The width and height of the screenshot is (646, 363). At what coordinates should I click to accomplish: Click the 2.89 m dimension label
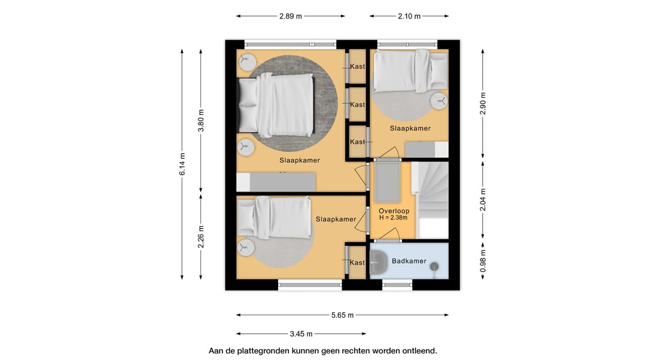click(x=291, y=17)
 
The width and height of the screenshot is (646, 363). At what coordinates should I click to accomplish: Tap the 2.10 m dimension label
click(x=409, y=17)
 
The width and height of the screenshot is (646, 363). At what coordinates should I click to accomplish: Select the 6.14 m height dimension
click(x=182, y=164)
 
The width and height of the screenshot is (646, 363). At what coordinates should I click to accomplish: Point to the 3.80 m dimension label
click(x=201, y=121)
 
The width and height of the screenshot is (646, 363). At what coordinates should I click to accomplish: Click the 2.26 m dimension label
click(x=201, y=237)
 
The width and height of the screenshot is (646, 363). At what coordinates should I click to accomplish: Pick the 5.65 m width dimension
click(x=342, y=315)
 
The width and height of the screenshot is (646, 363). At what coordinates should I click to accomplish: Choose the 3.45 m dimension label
click(x=301, y=334)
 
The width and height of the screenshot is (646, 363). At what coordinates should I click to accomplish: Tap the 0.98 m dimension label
click(x=483, y=261)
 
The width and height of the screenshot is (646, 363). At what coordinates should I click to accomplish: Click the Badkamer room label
click(x=409, y=261)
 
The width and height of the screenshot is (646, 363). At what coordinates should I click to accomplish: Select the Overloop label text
click(x=394, y=211)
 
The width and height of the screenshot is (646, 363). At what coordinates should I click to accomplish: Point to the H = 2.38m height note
click(x=394, y=218)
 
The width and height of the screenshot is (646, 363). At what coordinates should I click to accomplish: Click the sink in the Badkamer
click(x=378, y=263)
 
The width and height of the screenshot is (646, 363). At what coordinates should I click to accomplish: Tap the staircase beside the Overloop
click(x=432, y=200)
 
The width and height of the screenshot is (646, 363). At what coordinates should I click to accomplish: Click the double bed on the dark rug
click(x=276, y=105)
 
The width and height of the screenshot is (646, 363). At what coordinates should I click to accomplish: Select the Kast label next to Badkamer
click(x=357, y=263)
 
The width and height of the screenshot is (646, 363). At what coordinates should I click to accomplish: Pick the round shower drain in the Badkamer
click(x=434, y=267)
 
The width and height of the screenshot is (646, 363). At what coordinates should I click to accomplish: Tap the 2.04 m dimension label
click(x=483, y=200)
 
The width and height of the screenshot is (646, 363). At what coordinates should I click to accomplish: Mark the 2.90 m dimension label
click(x=483, y=104)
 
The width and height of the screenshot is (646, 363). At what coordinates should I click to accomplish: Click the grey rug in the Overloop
click(x=387, y=182)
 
